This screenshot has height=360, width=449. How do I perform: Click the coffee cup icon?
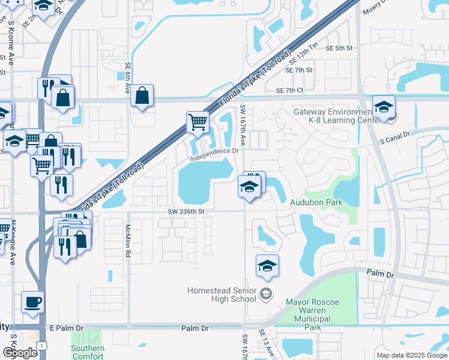[32, 302]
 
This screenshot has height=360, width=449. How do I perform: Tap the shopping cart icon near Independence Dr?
[197, 122]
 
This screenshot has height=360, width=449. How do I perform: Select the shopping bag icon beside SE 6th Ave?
[142, 95]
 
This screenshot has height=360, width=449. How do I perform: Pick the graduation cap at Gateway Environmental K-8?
[384, 107]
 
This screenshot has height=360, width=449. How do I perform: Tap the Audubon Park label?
[316, 202]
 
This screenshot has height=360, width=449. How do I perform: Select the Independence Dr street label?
[215, 155]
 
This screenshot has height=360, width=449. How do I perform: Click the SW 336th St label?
[186, 211]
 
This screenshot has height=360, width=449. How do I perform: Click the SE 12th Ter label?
[303, 54]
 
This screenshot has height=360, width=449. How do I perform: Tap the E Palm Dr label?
[67, 328]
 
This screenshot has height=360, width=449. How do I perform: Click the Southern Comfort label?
[88, 352]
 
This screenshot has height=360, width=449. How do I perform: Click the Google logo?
[20, 353]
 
